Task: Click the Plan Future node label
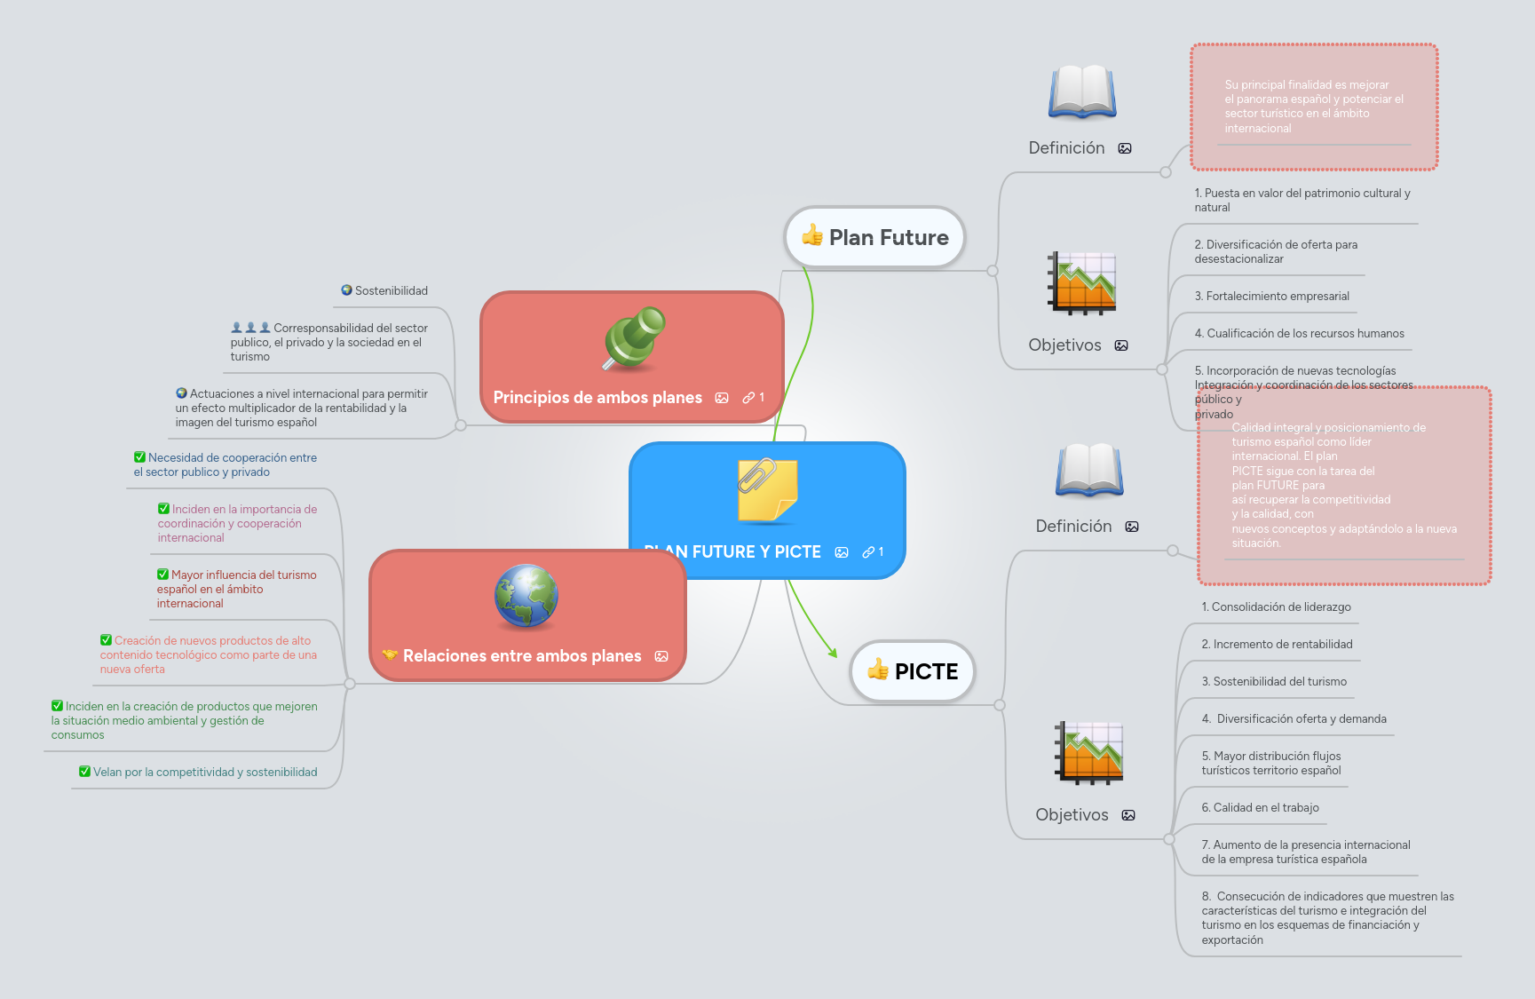click(x=888, y=237)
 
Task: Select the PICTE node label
click(x=926, y=671)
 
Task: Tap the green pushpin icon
click(x=633, y=337)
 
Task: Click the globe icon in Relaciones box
click(x=526, y=596)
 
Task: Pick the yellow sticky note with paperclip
click(x=768, y=489)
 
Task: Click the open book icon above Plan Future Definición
click(x=1082, y=91)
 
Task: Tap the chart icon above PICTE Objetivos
click(x=1089, y=753)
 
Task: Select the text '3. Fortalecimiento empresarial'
click(x=1271, y=297)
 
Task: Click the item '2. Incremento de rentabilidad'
click(x=1277, y=645)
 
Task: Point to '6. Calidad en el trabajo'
click(x=1260, y=808)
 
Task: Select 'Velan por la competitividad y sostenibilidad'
click(x=204, y=773)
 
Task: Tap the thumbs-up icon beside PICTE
click(x=878, y=670)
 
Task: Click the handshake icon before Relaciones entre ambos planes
click(x=390, y=655)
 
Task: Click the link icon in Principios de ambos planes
click(x=748, y=398)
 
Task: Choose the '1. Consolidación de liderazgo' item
click(x=1276, y=607)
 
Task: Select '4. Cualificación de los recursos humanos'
click(x=1299, y=334)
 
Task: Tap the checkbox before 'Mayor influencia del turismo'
click(x=162, y=575)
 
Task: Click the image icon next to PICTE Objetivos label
click(x=1128, y=815)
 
